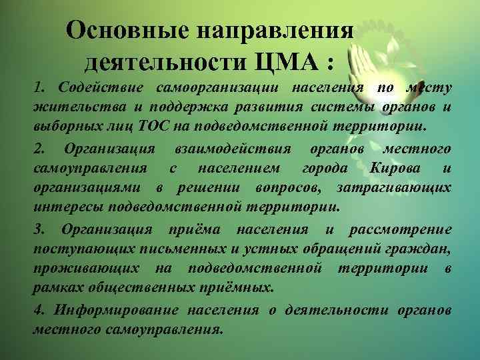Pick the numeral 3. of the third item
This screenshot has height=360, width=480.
click(41, 230)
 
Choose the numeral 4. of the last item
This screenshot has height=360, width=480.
click(41, 311)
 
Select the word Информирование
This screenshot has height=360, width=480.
click(117, 311)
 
